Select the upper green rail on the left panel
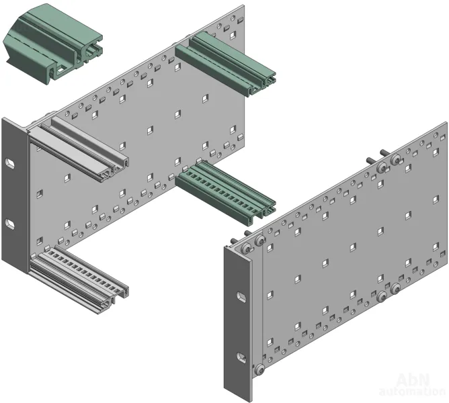pyautogui.click(x=225, y=64)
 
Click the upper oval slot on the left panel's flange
pyautogui.click(x=10, y=164)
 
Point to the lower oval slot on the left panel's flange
pyautogui.click(x=10, y=224)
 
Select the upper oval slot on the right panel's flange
pyautogui.click(x=241, y=297)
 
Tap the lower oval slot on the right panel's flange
pyautogui.click(x=241, y=357)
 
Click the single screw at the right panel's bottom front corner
pyautogui.click(x=259, y=369)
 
